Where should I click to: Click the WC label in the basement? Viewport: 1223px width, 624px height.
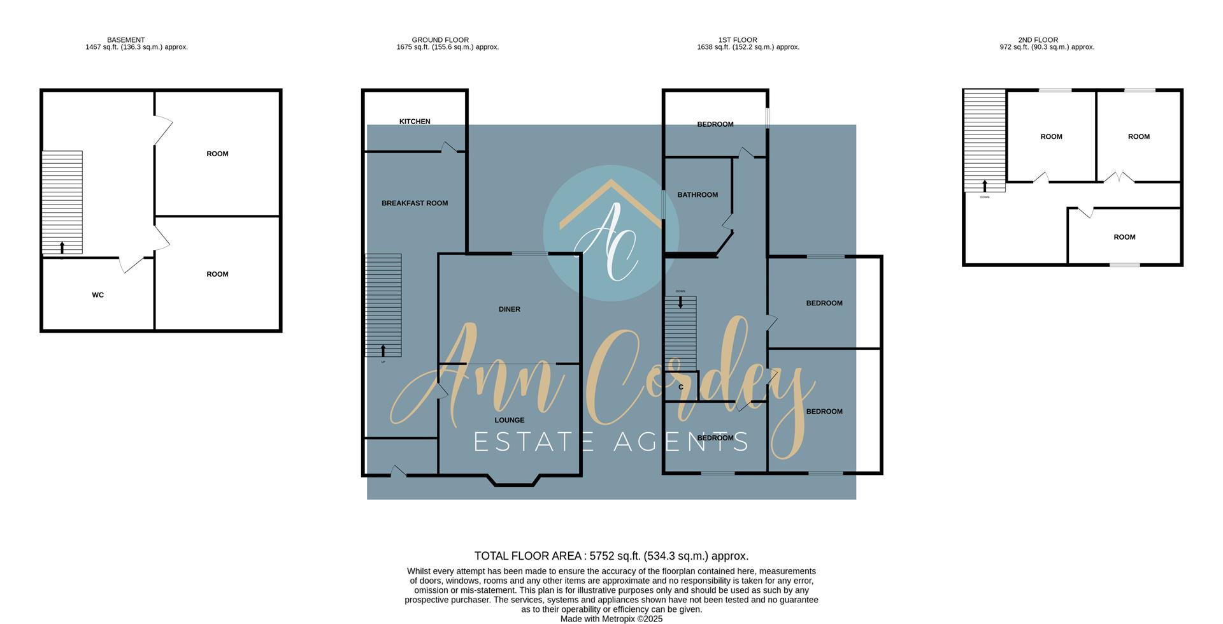(x=97, y=295)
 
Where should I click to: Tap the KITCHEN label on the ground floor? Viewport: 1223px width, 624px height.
(x=415, y=122)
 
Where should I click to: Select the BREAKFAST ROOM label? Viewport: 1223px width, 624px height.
(x=415, y=203)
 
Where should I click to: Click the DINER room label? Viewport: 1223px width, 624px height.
(x=510, y=310)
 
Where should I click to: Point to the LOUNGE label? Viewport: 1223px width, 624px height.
(x=510, y=421)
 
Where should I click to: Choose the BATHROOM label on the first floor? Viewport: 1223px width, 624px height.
(x=697, y=195)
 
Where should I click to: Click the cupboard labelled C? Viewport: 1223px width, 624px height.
(x=681, y=388)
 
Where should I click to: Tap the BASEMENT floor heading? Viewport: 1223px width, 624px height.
(x=126, y=40)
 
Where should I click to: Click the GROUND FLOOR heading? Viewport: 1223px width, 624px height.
(x=440, y=40)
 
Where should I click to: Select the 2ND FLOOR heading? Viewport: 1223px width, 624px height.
(x=1038, y=40)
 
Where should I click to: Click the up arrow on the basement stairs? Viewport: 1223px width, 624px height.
(x=62, y=247)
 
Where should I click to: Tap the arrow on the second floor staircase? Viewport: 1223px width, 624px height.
(x=985, y=186)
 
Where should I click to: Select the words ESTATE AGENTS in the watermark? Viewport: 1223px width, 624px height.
(x=611, y=442)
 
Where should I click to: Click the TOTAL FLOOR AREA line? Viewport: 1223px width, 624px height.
(x=611, y=556)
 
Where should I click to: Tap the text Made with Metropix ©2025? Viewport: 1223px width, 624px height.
(x=611, y=619)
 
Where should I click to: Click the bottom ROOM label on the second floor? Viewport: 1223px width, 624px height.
(x=1124, y=237)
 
